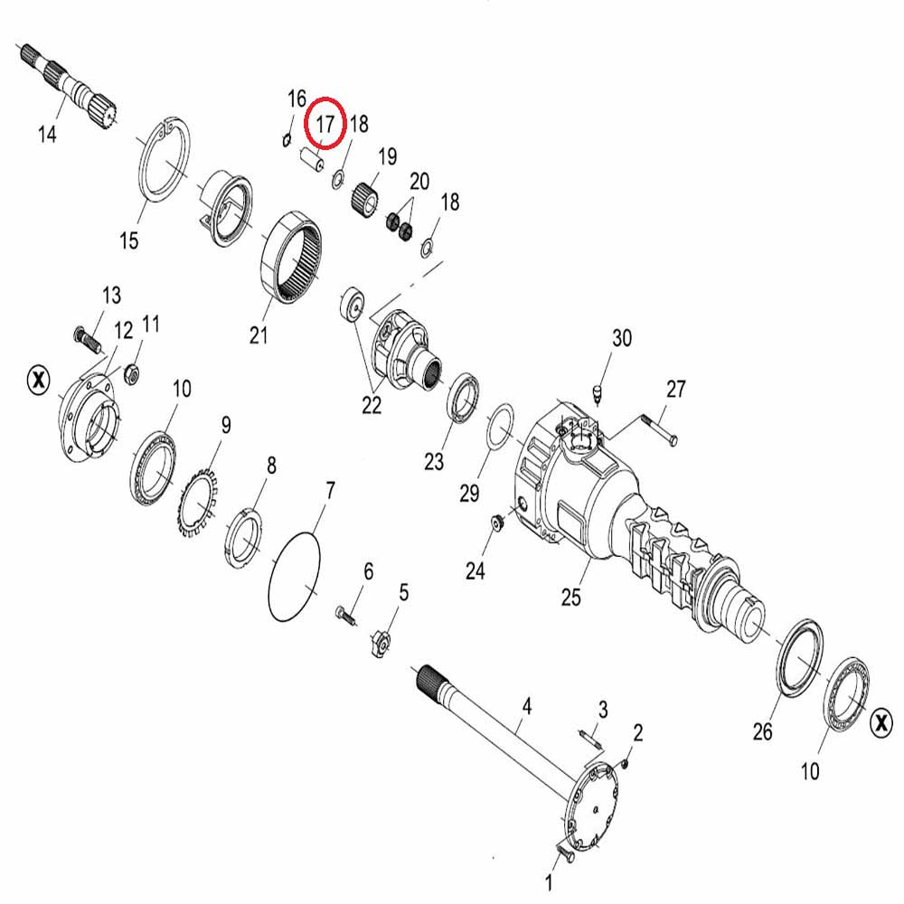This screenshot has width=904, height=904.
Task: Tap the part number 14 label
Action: (x=47, y=135)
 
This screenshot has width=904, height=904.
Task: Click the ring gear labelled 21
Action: (x=292, y=257)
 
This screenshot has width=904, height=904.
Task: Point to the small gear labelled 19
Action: (x=364, y=196)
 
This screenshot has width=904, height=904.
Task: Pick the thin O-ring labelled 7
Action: (x=294, y=577)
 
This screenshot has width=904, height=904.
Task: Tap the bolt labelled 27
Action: (x=656, y=430)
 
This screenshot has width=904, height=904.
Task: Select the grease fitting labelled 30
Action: (x=598, y=395)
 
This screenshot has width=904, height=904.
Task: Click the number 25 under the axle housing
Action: (x=570, y=597)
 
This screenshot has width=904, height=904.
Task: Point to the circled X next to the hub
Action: (x=39, y=380)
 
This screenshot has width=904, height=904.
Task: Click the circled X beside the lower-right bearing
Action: (x=880, y=722)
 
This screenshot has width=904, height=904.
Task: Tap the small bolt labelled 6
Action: (x=345, y=616)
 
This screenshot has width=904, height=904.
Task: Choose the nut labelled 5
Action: (x=381, y=644)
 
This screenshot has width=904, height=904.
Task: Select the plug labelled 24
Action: (x=495, y=523)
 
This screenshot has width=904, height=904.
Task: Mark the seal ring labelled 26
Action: (x=800, y=659)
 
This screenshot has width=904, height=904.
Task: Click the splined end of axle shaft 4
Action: (x=428, y=677)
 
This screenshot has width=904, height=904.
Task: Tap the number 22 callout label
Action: (x=372, y=405)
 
